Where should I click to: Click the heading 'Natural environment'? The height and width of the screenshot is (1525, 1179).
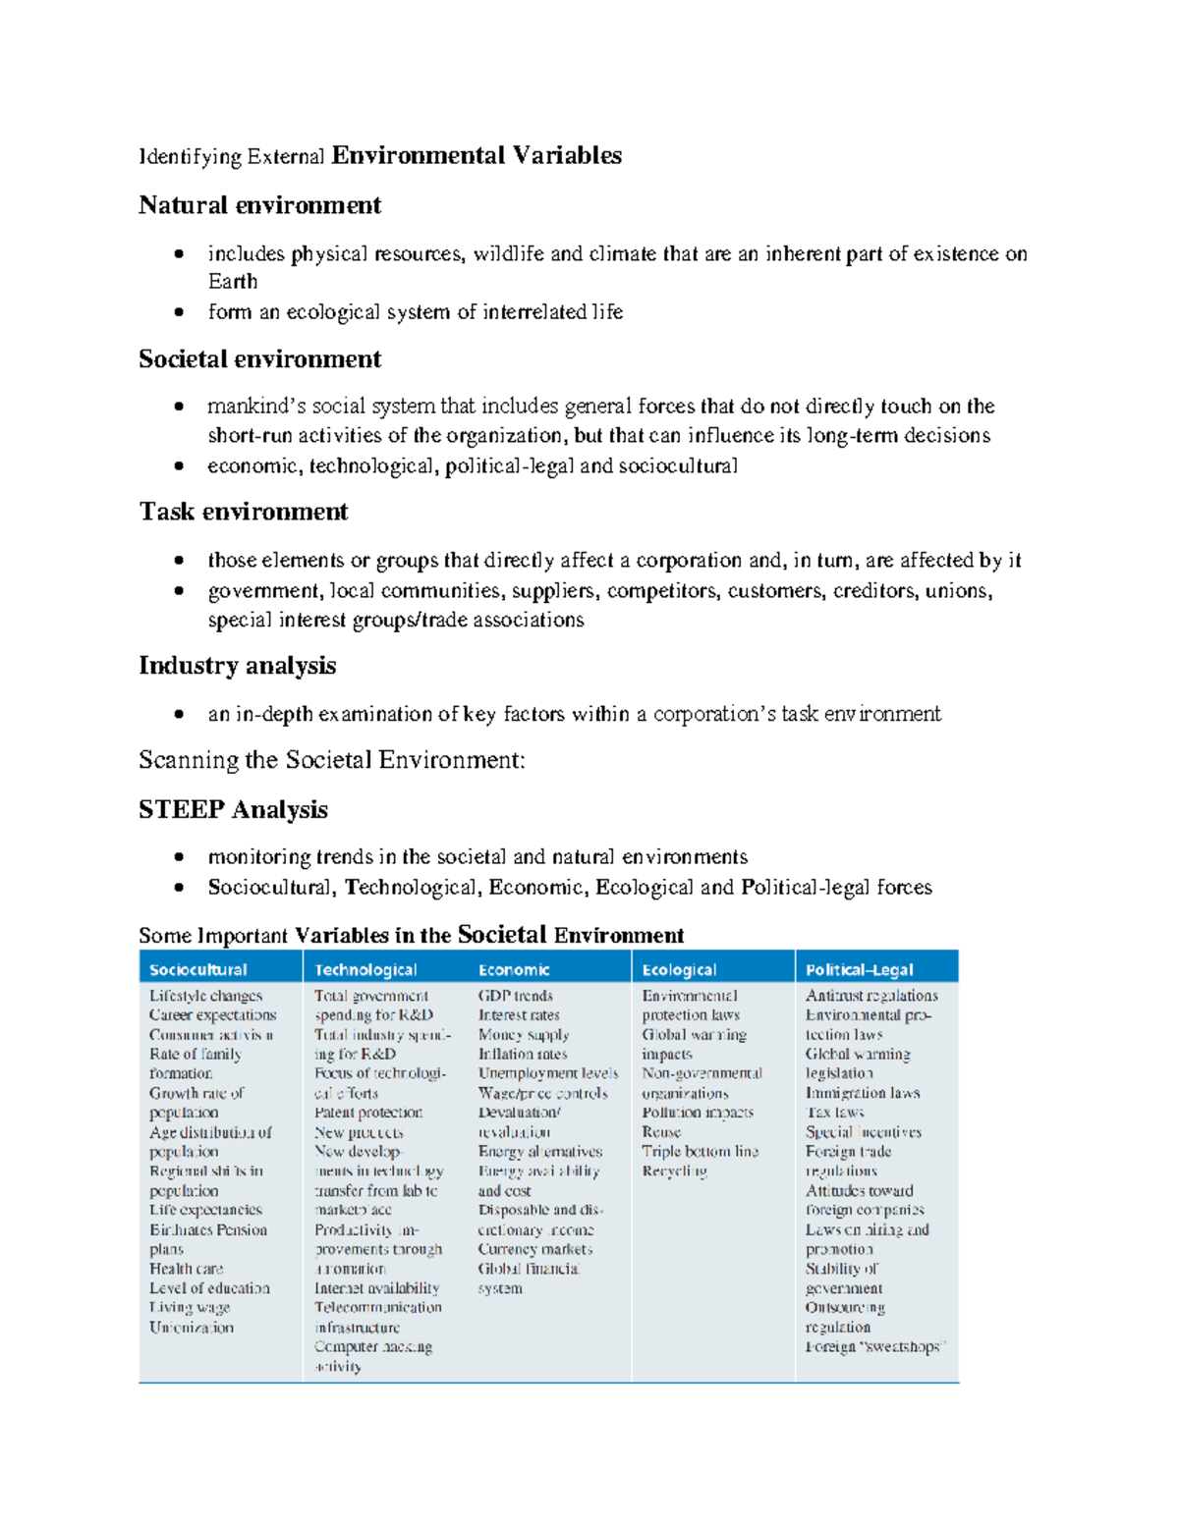tap(259, 205)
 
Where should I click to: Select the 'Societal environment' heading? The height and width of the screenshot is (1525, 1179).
tap(259, 359)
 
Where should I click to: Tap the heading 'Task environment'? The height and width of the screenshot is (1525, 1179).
tap(244, 513)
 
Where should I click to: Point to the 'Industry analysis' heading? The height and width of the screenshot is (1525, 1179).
tap(237, 666)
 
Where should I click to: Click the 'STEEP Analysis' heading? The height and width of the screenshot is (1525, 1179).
tap(233, 810)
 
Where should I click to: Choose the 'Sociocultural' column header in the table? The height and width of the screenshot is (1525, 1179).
tap(198, 970)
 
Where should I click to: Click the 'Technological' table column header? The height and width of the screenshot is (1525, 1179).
tap(365, 970)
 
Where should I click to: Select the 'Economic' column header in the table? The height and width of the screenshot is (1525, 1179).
tap(514, 970)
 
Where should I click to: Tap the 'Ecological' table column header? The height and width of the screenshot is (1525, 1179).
tap(679, 970)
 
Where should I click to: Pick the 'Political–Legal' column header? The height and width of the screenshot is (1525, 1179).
tap(859, 970)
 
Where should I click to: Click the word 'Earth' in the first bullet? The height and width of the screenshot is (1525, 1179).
tap(233, 282)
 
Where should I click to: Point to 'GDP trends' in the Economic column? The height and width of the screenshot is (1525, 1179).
tap(516, 996)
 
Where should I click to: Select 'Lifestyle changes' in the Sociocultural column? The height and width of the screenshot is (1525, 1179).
tap(205, 996)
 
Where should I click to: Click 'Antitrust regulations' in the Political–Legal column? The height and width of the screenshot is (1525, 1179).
tap(871, 996)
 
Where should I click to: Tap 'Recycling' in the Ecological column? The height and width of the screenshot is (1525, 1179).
tap(675, 1171)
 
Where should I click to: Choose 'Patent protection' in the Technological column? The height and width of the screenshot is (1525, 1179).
tap(368, 1113)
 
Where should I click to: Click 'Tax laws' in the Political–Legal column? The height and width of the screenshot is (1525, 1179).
tap(834, 1113)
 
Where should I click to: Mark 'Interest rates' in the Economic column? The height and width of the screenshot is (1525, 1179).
tap(519, 1015)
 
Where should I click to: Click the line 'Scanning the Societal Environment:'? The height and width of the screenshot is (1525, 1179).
tap(332, 760)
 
